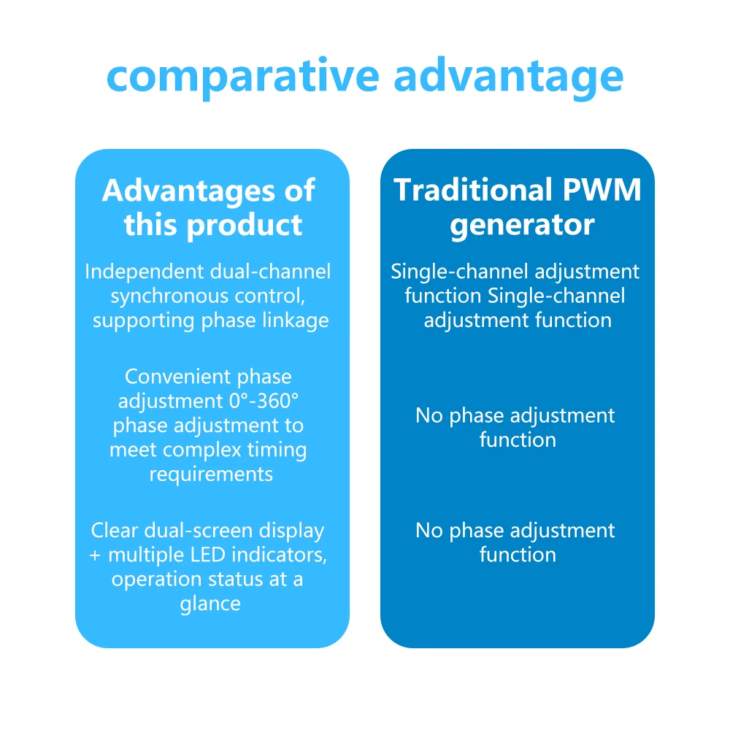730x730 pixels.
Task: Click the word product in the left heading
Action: coord(245,225)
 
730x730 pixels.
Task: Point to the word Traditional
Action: coord(472,191)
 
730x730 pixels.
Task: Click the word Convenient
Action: coord(170,377)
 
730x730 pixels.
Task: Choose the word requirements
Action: coord(211,473)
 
